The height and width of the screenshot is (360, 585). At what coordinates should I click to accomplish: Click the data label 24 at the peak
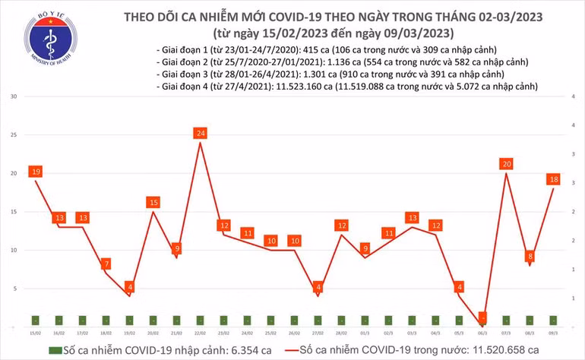[x=200, y=134]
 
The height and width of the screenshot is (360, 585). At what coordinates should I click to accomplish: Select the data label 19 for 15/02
[x=35, y=172]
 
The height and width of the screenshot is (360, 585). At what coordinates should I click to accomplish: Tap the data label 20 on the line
[x=506, y=164]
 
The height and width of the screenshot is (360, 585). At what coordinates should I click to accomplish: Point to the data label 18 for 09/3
[x=554, y=179]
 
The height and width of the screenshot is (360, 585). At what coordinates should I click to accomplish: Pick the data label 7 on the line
[x=107, y=264]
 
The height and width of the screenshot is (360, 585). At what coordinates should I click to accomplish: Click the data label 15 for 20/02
[x=153, y=202]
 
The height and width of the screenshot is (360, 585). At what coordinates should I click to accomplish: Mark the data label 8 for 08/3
[x=530, y=256]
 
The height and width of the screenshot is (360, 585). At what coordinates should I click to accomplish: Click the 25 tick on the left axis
[x=13, y=135]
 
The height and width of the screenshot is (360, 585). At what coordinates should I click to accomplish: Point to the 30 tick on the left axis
[x=13, y=97]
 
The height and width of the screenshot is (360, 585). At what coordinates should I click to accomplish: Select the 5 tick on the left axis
[x=14, y=289]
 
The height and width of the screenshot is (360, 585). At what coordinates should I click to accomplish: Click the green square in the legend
[x=54, y=350]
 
